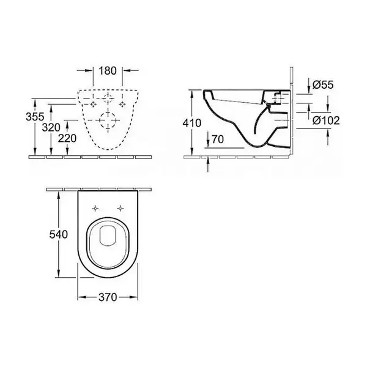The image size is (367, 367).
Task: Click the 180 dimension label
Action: tap(108, 71)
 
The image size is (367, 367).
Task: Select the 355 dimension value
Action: tap(35, 117)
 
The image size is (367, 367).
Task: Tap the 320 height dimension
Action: tap(51, 128)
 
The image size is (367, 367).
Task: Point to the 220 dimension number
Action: tap(67, 139)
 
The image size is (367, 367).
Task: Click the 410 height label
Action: tap(192, 123)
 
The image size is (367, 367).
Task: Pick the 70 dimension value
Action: tap(218, 139)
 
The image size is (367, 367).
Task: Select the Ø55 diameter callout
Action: tap(323, 85)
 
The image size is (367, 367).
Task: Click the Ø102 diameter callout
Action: tap(326, 120)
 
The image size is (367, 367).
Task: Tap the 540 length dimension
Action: tap(59, 234)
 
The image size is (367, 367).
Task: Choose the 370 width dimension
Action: tap(108, 297)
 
